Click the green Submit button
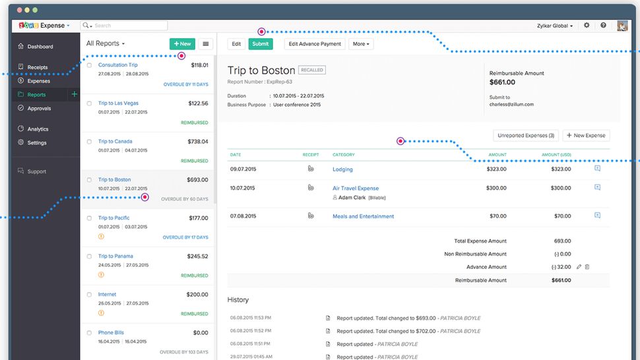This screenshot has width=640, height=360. click(260, 44)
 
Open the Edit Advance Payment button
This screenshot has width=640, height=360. click(315, 44)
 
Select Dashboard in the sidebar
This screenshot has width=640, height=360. click(40, 47)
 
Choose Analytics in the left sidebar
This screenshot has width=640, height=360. click(38, 129)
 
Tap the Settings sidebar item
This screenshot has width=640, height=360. click(37, 142)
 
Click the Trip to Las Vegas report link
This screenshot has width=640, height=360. click(118, 104)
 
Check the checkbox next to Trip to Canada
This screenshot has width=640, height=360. click(90, 142)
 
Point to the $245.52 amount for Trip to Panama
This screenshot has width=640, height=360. click(197, 256)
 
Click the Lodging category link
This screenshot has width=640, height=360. click(342, 169)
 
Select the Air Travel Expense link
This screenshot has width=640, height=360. click(356, 189)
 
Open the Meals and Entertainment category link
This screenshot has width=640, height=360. click(363, 216)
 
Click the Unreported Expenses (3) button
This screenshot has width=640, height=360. click(526, 136)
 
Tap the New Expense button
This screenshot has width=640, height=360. click(586, 136)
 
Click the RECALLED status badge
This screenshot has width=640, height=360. click(311, 70)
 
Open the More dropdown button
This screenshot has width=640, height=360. click(361, 44)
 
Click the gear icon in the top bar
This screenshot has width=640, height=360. click(587, 26)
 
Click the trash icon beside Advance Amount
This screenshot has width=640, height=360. click(587, 267)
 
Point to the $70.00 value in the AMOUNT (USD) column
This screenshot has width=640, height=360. click(562, 216)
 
